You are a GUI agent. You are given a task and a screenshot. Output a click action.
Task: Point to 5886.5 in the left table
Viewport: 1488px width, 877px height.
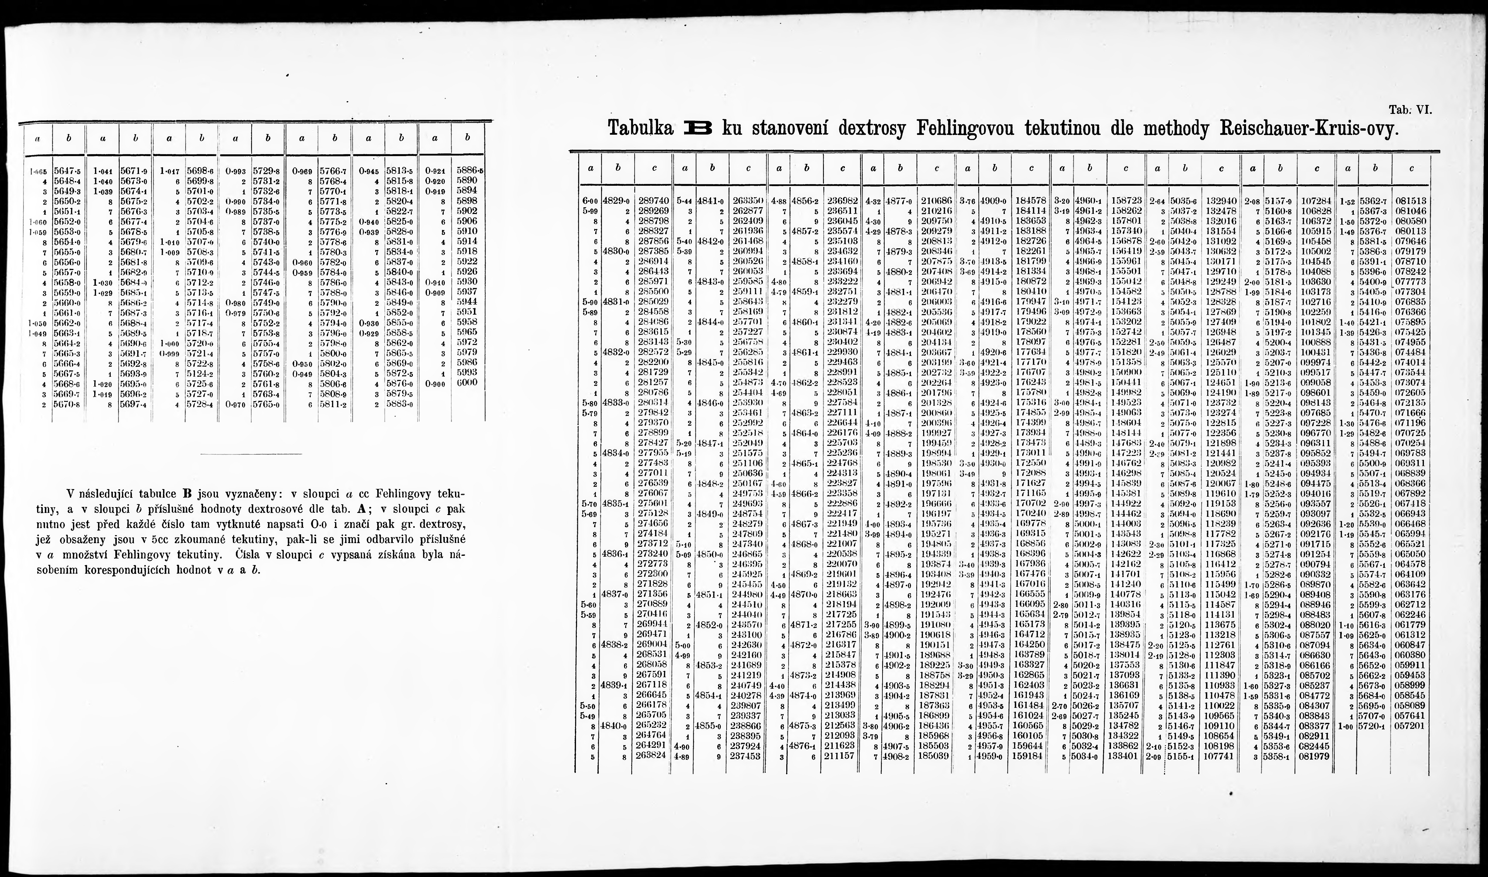tap(470, 170)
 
